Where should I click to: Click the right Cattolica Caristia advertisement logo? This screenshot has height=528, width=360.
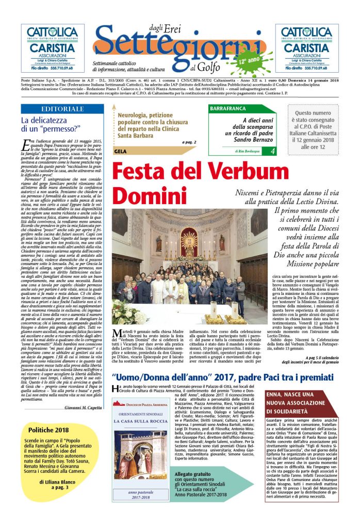[x=307, y=48]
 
